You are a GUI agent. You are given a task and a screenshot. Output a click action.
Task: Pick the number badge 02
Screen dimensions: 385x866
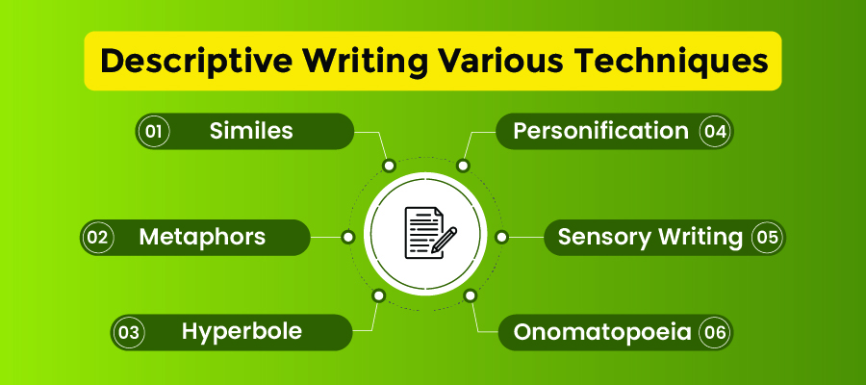point(98,237)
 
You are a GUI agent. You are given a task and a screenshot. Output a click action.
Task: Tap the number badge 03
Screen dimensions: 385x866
point(127,333)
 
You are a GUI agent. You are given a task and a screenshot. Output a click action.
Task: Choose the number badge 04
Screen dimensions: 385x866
point(714,131)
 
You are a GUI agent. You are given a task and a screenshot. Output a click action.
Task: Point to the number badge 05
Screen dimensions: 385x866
point(766,237)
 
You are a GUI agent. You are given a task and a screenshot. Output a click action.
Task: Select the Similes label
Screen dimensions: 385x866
point(251,131)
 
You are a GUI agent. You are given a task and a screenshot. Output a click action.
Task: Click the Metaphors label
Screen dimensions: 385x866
point(202,237)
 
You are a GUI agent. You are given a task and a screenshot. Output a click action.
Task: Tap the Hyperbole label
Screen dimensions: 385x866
point(242,332)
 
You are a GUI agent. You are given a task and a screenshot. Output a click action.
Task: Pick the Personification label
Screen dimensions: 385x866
point(600,131)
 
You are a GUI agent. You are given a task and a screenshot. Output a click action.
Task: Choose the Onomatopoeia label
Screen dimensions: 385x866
point(602,333)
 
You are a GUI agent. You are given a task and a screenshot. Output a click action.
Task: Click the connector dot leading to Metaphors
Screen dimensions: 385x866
point(347,236)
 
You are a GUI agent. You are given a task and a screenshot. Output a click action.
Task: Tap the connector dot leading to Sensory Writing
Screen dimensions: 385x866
point(500,236)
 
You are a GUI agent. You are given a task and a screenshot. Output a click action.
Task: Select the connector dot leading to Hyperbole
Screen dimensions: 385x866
point(378,295)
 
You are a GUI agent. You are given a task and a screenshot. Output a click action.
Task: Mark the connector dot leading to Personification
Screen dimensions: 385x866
point(463,166)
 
